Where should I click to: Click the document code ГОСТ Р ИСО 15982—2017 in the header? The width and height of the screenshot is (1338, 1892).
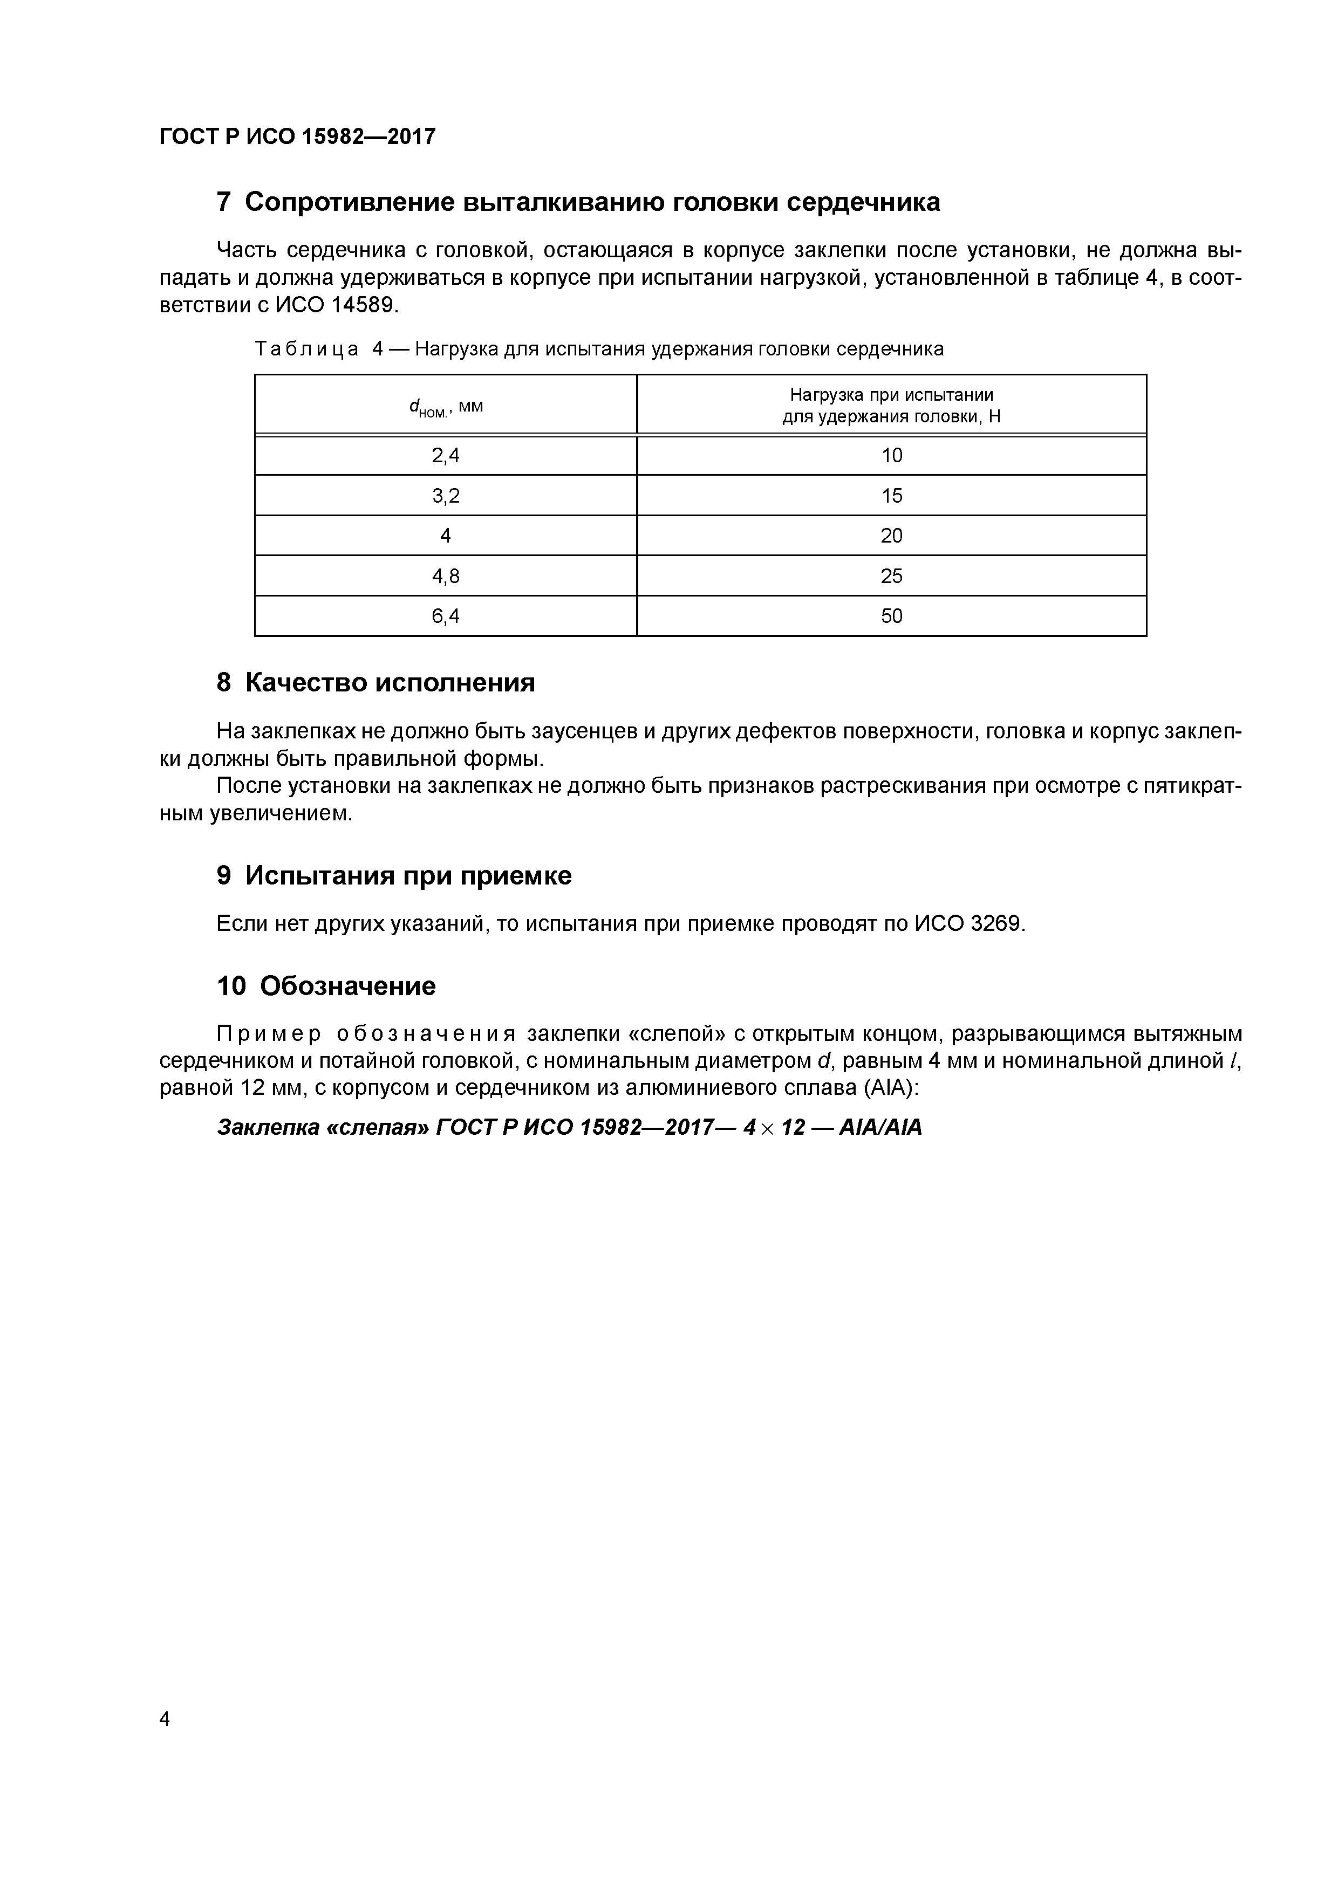[297, 137]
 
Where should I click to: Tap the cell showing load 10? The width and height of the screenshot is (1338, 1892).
[891, 456]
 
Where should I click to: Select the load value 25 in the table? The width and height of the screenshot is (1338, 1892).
[891, 576]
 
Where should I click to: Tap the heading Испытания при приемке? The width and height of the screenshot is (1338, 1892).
[408, 876]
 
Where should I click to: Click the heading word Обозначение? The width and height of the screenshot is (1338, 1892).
[347, 986]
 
